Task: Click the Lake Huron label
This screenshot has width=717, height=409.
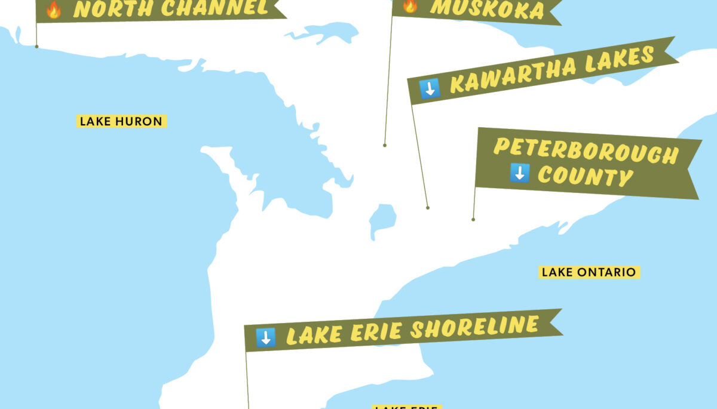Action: point(121,121)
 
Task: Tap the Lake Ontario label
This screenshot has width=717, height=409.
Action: point(589,272)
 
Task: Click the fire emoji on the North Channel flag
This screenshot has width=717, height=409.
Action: point(54,9)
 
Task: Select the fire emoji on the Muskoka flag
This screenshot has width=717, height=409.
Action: point(410,5)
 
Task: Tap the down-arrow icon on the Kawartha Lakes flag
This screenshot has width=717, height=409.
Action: point(430,88)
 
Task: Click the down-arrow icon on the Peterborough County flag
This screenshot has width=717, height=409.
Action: point(519,173)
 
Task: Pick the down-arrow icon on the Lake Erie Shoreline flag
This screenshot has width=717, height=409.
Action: point(265,337)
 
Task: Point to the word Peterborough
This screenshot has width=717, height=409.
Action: point(586,151)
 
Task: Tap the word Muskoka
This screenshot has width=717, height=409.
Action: point(487,8)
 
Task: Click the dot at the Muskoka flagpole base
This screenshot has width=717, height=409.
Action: point(385,145)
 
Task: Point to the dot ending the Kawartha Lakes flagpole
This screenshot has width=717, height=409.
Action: point(428,208)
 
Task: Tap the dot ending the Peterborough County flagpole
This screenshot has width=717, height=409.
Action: point(473,219)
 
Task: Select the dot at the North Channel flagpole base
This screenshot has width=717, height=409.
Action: point(36,46)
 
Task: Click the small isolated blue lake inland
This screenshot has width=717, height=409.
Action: point(382,220)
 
